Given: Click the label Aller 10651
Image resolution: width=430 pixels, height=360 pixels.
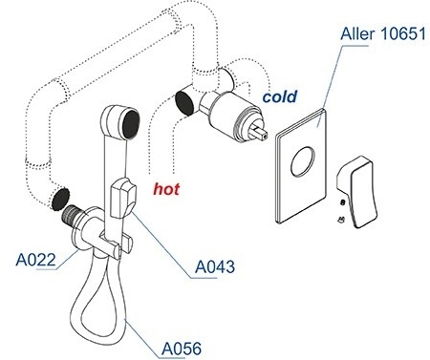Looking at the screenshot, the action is [x=383, y=33].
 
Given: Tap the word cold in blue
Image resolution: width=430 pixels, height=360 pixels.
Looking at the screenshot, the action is [x=280, y=96].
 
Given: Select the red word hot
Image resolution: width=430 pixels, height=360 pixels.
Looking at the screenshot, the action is [x=166, y=189].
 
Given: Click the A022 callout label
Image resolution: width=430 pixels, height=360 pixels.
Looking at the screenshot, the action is [x=35, y=260].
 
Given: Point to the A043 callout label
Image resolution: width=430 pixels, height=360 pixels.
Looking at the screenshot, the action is [x=215, y=266].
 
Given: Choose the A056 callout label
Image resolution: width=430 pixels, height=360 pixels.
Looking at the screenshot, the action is [x=182, y=349].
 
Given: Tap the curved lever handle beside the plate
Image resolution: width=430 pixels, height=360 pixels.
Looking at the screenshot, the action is [x=357, y=192].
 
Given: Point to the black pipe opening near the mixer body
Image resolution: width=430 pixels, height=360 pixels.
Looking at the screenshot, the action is [x=184, y=102].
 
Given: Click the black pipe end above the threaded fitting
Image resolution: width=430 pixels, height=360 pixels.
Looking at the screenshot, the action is [x=60, y=199].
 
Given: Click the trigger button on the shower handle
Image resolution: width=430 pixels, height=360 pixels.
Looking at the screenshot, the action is [x=123, y=198].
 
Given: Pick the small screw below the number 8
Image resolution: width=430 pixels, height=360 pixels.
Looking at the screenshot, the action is [x=341, y=220].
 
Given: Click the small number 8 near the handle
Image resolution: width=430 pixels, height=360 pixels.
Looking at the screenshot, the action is [x=343, y=202].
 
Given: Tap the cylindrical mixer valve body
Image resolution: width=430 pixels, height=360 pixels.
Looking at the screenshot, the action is [x=231, y=116].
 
